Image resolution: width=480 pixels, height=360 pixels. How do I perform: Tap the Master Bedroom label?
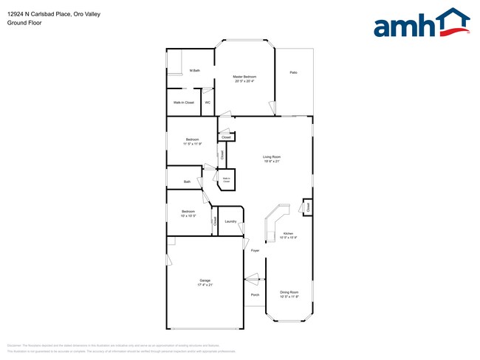click(x=244, y=77)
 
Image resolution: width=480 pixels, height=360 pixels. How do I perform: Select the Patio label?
click(x=293, y=72)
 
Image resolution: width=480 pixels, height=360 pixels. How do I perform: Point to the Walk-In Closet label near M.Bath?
click(x=184, y=103)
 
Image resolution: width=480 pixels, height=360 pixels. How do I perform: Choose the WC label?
click(x=208, y=103)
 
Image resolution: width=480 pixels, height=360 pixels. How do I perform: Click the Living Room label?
click(x=272, y=156)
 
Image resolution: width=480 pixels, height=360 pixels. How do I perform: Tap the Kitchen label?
click(x=288, y=233)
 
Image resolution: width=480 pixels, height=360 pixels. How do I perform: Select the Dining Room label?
click(x=289, y=292)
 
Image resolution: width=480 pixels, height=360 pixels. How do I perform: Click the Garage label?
click(x=205, y=280)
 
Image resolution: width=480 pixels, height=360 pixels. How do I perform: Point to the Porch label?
click(x=255, y=295)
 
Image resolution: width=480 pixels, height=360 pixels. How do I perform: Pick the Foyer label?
click(x=255, y=251)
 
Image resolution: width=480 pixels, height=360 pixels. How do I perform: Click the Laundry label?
click(x=230, y=221)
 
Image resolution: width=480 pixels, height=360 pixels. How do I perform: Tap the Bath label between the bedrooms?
click(x=188, y=181)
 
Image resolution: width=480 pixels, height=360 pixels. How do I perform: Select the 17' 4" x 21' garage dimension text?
click(x=205, y=285)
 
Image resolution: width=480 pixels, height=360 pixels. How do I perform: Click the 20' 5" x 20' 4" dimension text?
click(x=244, y=81)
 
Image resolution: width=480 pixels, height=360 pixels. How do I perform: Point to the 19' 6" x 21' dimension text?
click(x=272, y=161)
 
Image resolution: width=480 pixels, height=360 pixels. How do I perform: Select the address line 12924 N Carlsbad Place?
click(x=49, y=14)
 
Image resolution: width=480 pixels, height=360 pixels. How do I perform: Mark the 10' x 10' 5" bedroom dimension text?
click(x=188, y=216)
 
